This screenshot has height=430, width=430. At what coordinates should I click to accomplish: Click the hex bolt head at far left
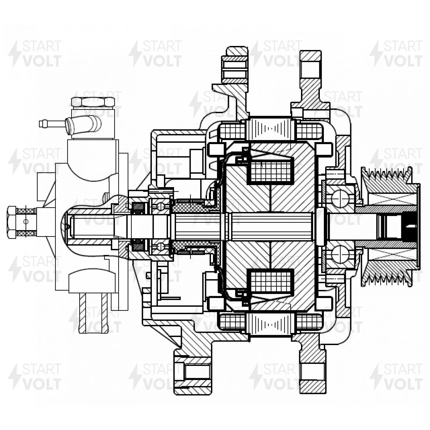point(12,222)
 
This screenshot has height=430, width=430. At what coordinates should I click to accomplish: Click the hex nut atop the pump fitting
point(93,102)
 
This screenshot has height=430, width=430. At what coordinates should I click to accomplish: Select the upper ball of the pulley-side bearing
point(340,198)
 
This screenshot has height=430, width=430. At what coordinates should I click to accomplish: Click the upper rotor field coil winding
point(271,171)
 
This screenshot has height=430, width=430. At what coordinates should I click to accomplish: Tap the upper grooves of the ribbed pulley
point(387,176)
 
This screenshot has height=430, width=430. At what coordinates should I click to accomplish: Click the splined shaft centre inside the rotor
point(269,226)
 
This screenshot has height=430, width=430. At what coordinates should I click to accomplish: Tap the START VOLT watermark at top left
point(35,54)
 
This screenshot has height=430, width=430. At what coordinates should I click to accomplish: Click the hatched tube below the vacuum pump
point(93,313)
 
